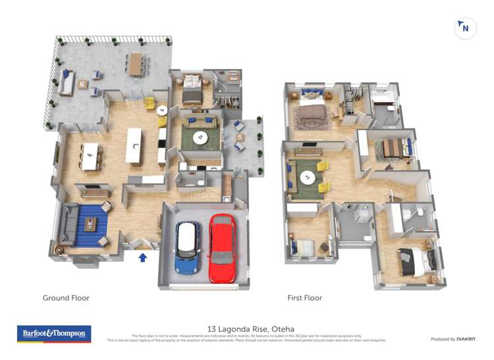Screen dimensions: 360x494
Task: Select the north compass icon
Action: tap(465, 28)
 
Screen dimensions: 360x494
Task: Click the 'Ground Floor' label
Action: tap(66, 298)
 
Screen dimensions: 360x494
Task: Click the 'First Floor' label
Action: tap(304, 298)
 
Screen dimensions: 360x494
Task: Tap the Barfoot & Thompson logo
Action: tap(54, 334)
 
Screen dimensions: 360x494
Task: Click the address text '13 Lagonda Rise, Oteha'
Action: tap(250, 329)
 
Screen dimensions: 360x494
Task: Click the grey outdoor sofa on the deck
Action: tap(66, 84)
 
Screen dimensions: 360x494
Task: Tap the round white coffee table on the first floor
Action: tap(308, 177)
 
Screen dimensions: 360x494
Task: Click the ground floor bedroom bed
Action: tap(192, 95)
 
